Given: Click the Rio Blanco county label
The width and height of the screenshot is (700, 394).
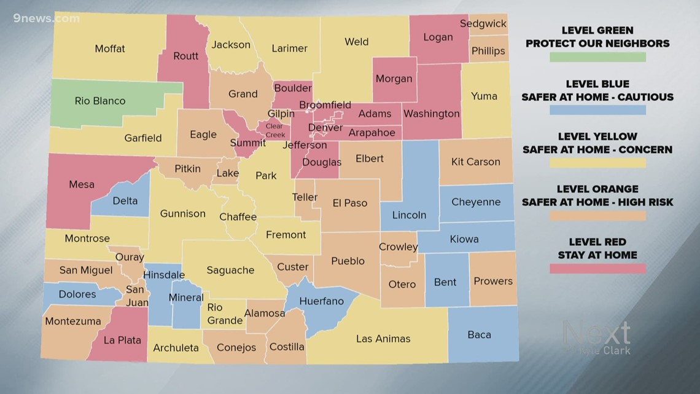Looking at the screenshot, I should click(x=100, y=101).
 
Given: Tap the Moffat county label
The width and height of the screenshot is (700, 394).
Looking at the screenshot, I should click(x=110, y=49).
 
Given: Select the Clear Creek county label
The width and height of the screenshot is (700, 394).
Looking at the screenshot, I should click(x=274, y=131).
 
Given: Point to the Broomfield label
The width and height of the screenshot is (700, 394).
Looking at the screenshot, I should click(x=325, y=105).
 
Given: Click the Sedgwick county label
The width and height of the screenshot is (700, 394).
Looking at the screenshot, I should click(x=483, y=24).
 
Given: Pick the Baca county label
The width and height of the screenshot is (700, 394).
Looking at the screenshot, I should click(x=479, y=334).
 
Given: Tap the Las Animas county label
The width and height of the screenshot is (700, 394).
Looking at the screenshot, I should click(x=383, y=339).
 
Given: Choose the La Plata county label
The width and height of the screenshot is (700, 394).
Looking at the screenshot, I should click(x=122, y=340).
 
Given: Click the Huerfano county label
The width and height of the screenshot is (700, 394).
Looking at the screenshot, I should click(x=321, y=301).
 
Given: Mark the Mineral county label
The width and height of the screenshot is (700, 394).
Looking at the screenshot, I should click(x=186, y=297).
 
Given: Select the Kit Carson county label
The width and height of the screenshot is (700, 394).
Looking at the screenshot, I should click(x=475, y=162).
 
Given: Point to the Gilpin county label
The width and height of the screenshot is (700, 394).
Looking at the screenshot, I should click(x=281, y=114).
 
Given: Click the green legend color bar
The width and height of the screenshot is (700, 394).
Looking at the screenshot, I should click(x=597, y=57).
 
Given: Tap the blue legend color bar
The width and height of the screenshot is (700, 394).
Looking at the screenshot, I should click(x=597, y=110).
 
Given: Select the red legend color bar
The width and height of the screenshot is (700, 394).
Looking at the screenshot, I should click(x=597, y=269).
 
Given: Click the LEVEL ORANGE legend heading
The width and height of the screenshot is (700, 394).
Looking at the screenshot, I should click(x=597, y=189).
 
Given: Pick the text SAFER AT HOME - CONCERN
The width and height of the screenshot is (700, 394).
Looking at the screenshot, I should click(x=597, y=149).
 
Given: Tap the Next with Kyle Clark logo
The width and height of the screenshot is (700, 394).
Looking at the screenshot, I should click(x=596, y=337).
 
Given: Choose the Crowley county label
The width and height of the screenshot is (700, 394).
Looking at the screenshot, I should click(x=398, y=246).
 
